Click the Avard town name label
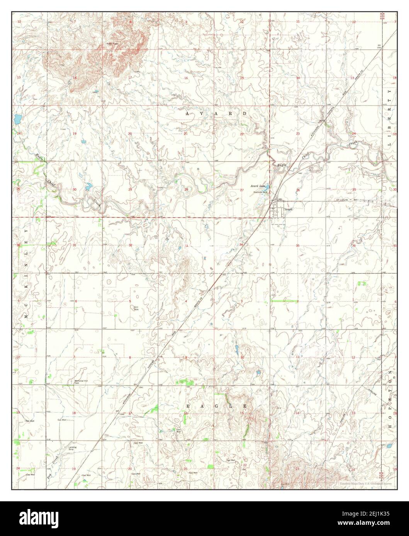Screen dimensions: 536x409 tap(289, 209)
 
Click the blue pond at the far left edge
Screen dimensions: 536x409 tap(17, 119)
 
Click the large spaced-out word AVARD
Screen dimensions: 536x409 tap(216, 114)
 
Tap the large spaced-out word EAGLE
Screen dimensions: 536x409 tap(216, 406)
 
